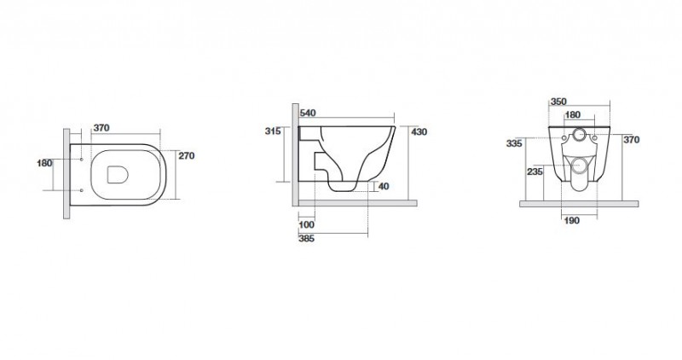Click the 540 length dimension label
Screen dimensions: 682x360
pyautogui.click(x=308, y=113)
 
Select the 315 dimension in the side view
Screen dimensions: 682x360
pyautogui.click(x=273, y=131)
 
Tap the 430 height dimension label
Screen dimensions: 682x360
pyautogui.click(x=419, y=131)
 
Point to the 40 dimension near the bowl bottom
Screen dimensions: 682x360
pyautogui.click(x=384, y=186)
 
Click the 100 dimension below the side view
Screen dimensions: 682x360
pyautogui.click(x=307, y=224)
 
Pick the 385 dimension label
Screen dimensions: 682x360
pyautogui.click(x=307, y=239)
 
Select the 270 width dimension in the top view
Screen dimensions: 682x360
pyautogui.click(x=187, y=156)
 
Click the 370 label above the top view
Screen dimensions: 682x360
pyautogui.click(x=101, y=128)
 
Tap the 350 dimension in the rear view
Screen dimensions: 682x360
pyautogui.click(x=558, y=102)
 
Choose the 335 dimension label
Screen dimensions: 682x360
pyautogui.click(x=514, y=143)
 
